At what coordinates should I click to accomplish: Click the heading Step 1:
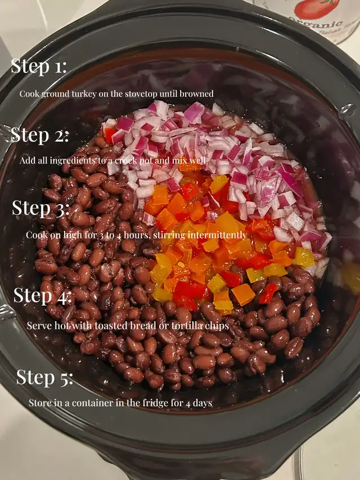click(x=39, y=66)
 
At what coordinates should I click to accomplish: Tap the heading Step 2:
click(x=39, y=135)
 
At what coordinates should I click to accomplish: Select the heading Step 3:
click(x=40, y=208)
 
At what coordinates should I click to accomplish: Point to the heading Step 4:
click(x=42, y=296)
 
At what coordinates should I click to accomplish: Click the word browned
click(x=196, y=94)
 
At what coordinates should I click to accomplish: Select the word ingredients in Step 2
click(x=73, y=161)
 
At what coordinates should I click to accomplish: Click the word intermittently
click(x=217, y=235)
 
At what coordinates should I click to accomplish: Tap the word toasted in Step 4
click(x=111, y=325)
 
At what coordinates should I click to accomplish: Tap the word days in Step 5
click(x=202, y=403)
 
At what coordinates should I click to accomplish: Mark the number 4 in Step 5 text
click(x=187, y=404)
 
